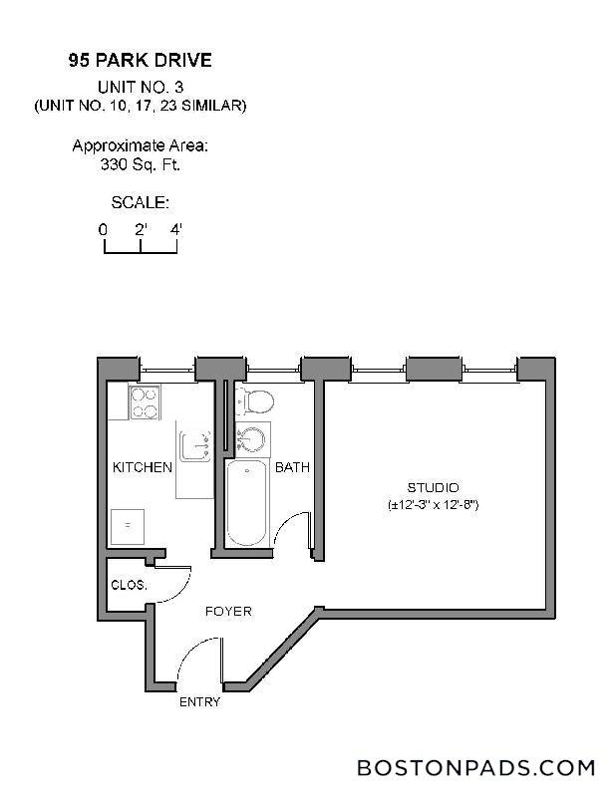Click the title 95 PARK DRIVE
(x=140, y=61)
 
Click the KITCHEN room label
(x=142, y=467)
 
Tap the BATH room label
(x=292, y=467)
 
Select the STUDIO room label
(x=433, y=487)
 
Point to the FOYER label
(x=228, y=611)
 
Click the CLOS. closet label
(x=130, y=586)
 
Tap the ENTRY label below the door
(x=199, y=701)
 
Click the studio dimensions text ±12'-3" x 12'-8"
(x=434, y=505)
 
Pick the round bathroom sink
(x=253, y=439)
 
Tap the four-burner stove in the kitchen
(x=146, y=402)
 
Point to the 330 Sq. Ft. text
(x=140, y=164)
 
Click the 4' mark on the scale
(x=176, y=228)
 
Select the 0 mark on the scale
(x=103, y=228)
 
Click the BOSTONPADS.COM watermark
(x=475, y=768)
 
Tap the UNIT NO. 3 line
(x=140, y=88)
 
